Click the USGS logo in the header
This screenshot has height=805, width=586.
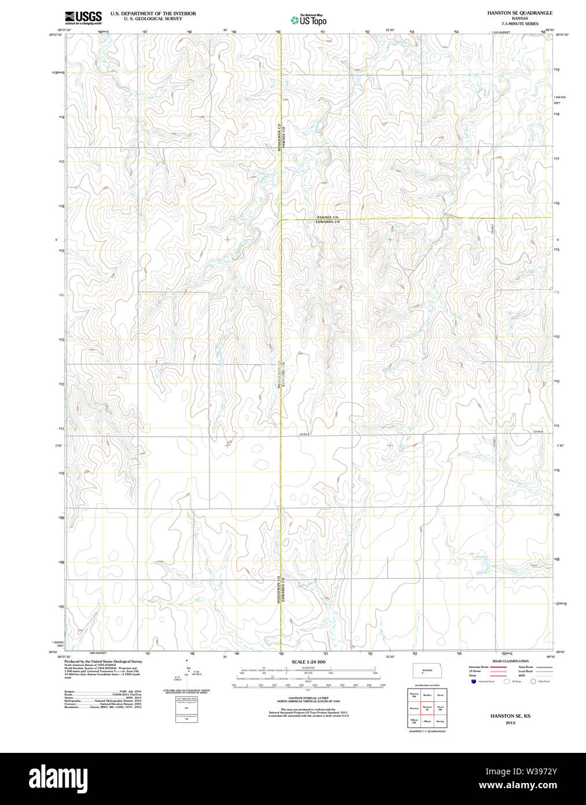[x=83, y=17]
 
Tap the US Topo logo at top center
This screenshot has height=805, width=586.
[x=309, y=20]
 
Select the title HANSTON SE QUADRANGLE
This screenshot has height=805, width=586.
[x=519, y=13]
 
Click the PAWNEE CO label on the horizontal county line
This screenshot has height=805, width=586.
[x=327, y=217]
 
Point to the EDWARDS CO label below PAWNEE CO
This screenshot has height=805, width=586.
[x=327, y=222]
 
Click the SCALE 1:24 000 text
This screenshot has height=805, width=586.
[x=308, y=661]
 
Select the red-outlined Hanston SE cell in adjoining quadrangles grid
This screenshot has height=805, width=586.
[x=427, y=708]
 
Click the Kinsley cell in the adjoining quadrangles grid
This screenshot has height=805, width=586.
[x=441, y=722]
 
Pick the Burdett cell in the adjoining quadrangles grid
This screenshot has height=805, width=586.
[x=427, y=694]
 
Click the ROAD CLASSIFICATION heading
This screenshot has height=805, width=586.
[x=510, y=661]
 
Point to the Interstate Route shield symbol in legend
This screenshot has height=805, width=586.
[x=473, y=682]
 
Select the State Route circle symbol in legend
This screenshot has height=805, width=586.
[x=533, y=682]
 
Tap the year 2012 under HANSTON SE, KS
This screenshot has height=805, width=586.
[x=510, y=723]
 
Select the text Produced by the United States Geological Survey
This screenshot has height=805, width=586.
[x=103, y=661]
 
